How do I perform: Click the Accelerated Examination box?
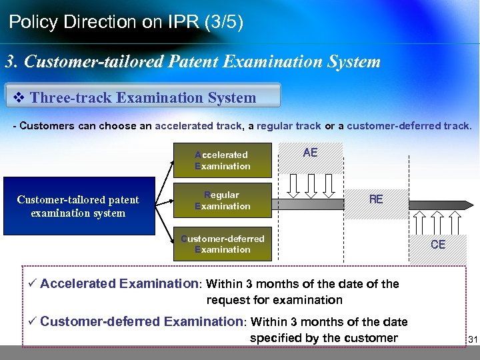pyautogui.click(x=223, y=160)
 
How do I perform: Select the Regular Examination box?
pyautogui.click(x=223, y=200)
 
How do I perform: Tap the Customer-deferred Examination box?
pyautogui.click(x=223, y=244)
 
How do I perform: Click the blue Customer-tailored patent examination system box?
pyautogui.click(x=78, y=206)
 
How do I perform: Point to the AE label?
pyautogui.click(x=310, y=153)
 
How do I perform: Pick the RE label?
pyautogui.click(x=376, y=199)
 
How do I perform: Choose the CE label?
pyautogui.click(x=438, y=245)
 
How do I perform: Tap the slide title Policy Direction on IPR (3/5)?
pyautogui.click(x=126, y=22)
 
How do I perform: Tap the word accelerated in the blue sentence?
pyautogui.click(x=185, y=126)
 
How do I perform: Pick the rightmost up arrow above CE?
pyautogui.click(x=455, y=219)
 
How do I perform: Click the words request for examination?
pyautogui.click(x=275, y=300)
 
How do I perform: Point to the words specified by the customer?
pyautogui.click(x=323, y=338)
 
